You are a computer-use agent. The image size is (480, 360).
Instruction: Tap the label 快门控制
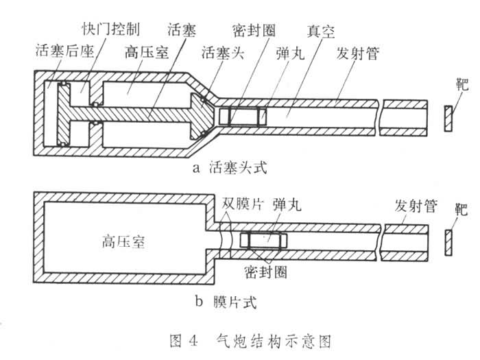click(113, 32)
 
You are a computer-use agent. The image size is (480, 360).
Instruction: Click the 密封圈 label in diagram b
click(265, 272)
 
